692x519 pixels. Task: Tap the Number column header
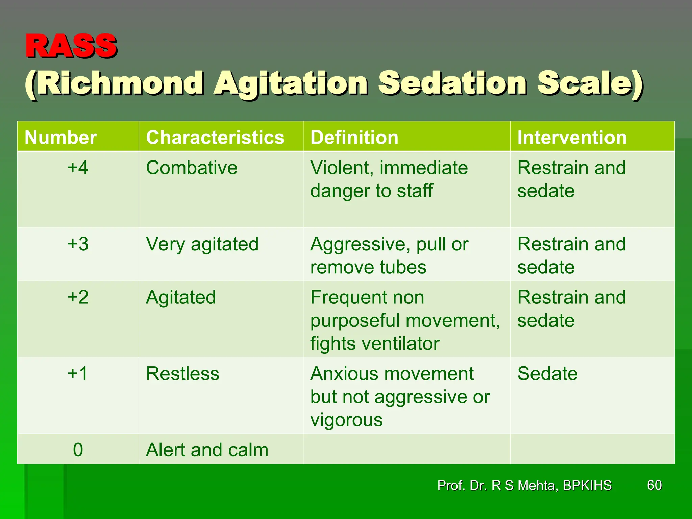pos(60,138)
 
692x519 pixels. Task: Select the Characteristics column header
pos(215,138)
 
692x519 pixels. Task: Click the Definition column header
pos(354,138)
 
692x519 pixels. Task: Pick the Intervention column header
pos(572,138)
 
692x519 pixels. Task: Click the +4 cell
pos(78,168)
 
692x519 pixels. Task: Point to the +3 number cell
pos(78,244)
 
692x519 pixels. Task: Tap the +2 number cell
pos(78,297)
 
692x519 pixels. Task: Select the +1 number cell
pos(78,374)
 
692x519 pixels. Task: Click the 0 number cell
pos(78,450)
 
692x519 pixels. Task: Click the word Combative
pos(192,168)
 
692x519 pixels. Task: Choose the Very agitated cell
pos(202,244)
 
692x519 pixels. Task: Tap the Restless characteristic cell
pos(182,374)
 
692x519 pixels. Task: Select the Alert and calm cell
pos(207,450)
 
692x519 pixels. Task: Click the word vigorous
pos(346,420)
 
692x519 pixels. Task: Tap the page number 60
pos(654,485)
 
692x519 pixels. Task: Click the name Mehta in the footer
pos(537,486)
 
